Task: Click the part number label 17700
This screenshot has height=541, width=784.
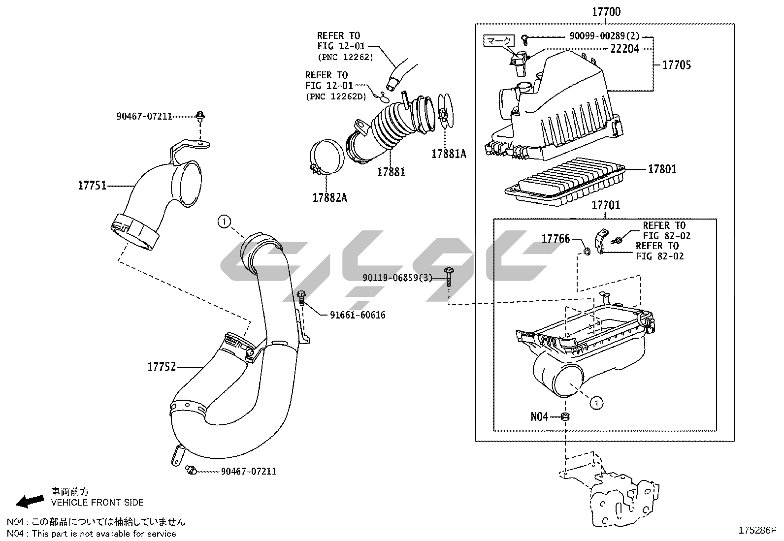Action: click(x=606, y=12)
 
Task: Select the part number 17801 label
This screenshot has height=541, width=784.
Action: click(x=662, y=169)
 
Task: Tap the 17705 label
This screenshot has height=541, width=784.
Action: click(x=677, y=64)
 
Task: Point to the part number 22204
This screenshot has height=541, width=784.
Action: click(x=625, y=48)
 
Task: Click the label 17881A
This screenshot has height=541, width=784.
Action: click(x=449, y=154)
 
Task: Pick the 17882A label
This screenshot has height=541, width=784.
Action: click(x=329, y=197)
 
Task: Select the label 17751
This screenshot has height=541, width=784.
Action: click(x=92, y=186)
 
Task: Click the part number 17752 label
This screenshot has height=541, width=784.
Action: click(x=162, y=367)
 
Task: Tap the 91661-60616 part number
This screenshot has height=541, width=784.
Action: click(x=358, y=315)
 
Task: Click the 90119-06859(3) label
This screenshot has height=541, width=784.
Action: click(x=397, y=278)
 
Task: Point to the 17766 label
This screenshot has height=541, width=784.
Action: click(x=555, y=239)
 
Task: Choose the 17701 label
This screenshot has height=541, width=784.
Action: click(x=606, y=205)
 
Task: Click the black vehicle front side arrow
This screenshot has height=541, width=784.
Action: click(x=29, y=501)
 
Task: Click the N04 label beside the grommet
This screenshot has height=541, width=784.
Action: click(x=539, y=416)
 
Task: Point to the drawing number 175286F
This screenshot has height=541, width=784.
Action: click(x=757, y=530)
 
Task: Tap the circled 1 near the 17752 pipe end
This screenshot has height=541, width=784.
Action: click(x=224, y=222)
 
